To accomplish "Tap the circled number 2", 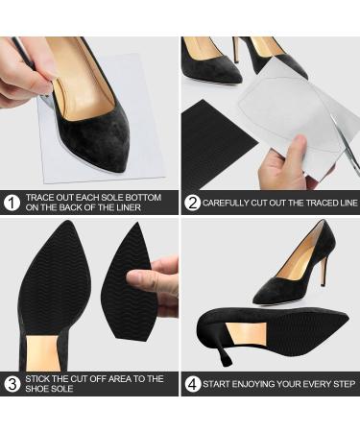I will [x=193, y=203].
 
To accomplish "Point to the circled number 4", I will [x=193, y=384].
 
